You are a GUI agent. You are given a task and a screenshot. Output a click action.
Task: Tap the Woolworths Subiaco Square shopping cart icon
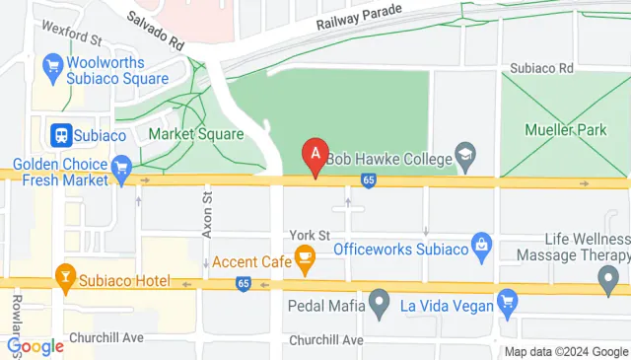point(54,68)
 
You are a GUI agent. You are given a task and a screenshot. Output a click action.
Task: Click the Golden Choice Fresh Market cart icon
point(122,166)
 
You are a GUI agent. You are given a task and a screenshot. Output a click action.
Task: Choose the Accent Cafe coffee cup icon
point(305,261)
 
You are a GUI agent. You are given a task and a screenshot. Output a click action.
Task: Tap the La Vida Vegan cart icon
point(508,301)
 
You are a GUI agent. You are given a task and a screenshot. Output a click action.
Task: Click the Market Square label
point(195,134)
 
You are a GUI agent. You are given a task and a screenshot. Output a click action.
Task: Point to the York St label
point(309,235)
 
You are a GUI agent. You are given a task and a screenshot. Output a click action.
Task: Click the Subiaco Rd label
point(541,69)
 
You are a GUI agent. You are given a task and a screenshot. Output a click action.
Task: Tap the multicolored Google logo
point(35,346)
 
